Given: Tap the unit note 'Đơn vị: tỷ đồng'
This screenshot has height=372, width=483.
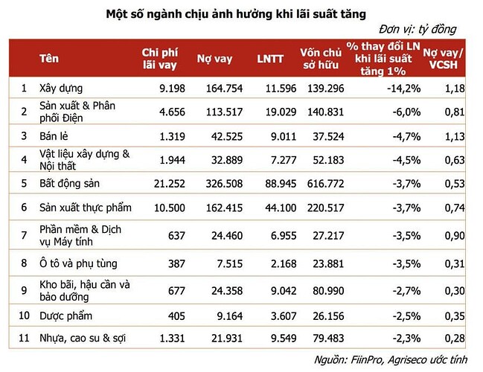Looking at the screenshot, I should point(418,30).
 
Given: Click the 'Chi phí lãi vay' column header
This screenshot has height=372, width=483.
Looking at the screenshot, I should point(159,59).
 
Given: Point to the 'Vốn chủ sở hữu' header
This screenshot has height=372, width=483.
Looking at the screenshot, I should point(320,59).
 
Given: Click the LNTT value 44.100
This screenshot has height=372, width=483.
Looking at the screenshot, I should point(269,209).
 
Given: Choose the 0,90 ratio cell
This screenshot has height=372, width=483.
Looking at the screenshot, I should point(455,236).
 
